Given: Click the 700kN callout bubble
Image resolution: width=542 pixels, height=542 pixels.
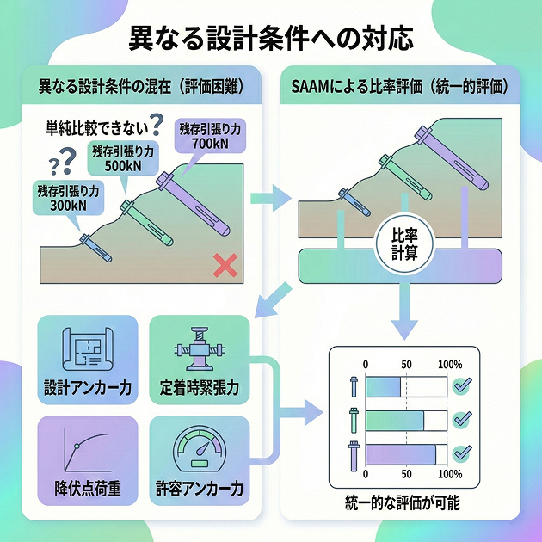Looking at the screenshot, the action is pos(210,136).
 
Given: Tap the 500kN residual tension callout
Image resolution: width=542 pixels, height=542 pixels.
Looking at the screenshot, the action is pos(123,158).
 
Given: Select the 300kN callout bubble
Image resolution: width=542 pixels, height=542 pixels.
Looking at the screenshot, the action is pos(69,197).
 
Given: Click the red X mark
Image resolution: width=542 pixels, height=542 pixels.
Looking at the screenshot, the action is pos(225,266).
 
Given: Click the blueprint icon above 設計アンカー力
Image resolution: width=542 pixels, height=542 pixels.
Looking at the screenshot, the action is pos(88,348).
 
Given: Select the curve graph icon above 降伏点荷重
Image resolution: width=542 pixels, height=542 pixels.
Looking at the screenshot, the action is pos(87,450).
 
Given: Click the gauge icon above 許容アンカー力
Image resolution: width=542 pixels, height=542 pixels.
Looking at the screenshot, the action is pos(200,448).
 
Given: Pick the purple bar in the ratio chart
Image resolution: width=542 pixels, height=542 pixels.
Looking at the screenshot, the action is pos(401,454).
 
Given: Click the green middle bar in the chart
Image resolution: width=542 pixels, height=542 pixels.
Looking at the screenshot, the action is pos(395,421).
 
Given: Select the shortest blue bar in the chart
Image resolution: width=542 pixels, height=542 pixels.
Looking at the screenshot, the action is pos(383,387).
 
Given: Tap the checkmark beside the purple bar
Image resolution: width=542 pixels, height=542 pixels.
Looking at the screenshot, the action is pos(462,453).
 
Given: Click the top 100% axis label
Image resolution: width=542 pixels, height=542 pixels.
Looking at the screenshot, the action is pos(450,364).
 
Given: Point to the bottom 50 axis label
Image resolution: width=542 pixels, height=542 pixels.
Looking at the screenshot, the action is pos(406,474).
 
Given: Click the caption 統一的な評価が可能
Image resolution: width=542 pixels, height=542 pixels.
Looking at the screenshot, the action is pos(403,502).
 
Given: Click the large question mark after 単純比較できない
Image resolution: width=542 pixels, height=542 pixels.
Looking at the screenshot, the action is pos(157,125).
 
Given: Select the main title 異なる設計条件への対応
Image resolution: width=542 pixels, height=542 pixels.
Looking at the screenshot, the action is pos(271,39).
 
